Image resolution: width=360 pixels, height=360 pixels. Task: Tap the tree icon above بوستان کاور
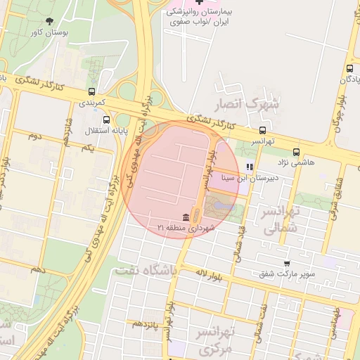coord(49,21)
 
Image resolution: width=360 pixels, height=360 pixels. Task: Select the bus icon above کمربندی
coord(92,91)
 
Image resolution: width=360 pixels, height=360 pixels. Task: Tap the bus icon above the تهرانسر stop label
coord(263,130)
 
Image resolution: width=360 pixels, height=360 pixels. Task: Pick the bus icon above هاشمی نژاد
coord(296,151)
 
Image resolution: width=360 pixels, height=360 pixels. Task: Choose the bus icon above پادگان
coord(349,68)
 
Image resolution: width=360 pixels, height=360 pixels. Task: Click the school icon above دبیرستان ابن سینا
coord(249,167)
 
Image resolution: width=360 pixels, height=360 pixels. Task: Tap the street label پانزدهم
coord(146,323)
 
